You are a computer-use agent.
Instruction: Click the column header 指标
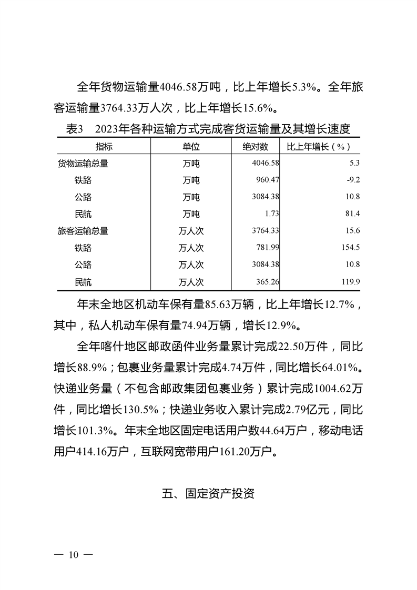click(x=104, y=146)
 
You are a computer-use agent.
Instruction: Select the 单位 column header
click(x=191, y=146)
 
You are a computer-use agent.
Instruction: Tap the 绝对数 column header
click(x=256, y=146)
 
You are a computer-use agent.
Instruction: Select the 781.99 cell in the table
click(x=268, y=248)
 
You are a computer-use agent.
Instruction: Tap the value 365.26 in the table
click(x=268, y=282)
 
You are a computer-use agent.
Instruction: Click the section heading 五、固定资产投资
click(x=208, y=494)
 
